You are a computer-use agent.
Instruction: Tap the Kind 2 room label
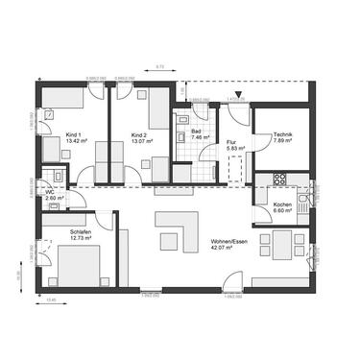137,134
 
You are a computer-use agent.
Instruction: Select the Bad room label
195,131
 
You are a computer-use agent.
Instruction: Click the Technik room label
282,133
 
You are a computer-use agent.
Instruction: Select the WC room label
50,191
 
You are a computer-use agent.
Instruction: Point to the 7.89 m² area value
282,140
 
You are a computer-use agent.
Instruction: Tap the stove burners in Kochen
280,178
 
